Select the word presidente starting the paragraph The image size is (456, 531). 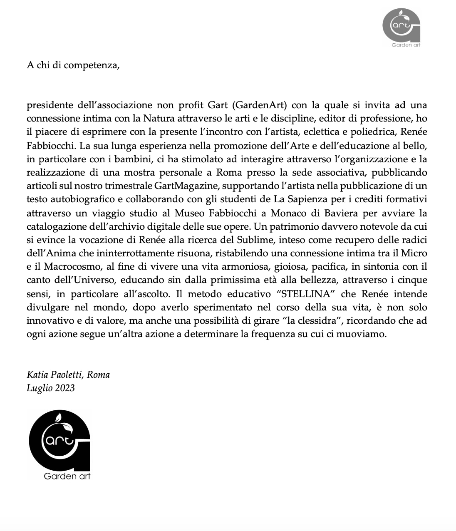pos(50,105)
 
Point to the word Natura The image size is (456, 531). pos(159,119)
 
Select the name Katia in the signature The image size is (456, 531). pos(37,375)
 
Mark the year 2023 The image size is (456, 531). pos(64,388)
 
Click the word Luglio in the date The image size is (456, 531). pos(39,388)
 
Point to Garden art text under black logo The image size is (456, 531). pos(67,476)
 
